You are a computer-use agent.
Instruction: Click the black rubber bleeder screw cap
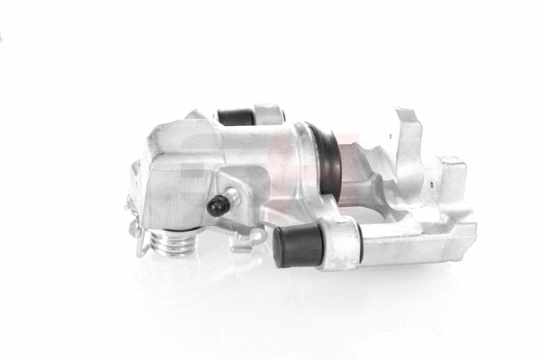click(x=218, y=205)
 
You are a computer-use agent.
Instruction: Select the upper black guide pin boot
click(x=236, y=117)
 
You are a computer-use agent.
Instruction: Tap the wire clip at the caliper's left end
click(x=135, y=225)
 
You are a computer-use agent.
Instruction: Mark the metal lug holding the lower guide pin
click(x=340, y=243)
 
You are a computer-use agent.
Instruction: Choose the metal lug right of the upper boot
click(x=267, y=114)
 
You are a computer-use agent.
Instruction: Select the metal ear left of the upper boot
click(x=200, y=117)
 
